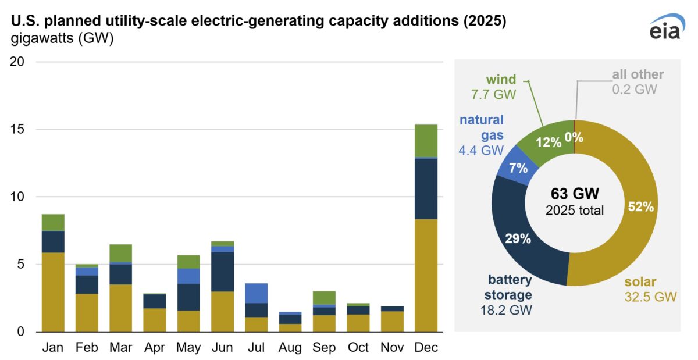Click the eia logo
coord(664,27)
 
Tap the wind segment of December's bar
coord(426,141)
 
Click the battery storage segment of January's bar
coord(53,242)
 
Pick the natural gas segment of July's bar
coord(256,293)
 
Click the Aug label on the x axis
coord(290,348)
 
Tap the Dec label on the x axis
coord(426,348)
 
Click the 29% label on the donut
coord(518,238)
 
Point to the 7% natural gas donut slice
coord(518,168)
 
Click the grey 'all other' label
coord(638,74)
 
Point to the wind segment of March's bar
coord(120,254)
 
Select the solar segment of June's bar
coord(222,311)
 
